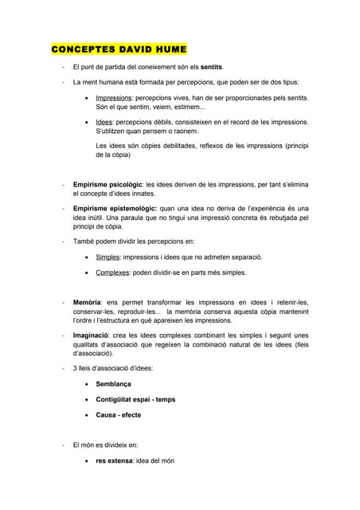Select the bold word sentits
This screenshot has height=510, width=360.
[x=211, y=67]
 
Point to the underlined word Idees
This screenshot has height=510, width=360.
[x=105, y=123]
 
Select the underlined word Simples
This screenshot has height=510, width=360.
[x=108, y=257]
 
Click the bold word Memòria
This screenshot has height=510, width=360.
[x=87, y=303]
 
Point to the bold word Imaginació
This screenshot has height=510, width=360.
[x=91, y=335]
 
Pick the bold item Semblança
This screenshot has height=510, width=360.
[x=113, y=384]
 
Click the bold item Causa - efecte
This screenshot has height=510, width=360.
[x=118, y=416]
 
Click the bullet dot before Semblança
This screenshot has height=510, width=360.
[x=86, y=384]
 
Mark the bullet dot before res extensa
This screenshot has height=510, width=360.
[x=86, y=461]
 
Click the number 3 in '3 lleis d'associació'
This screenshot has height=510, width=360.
[x=75, y=368]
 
